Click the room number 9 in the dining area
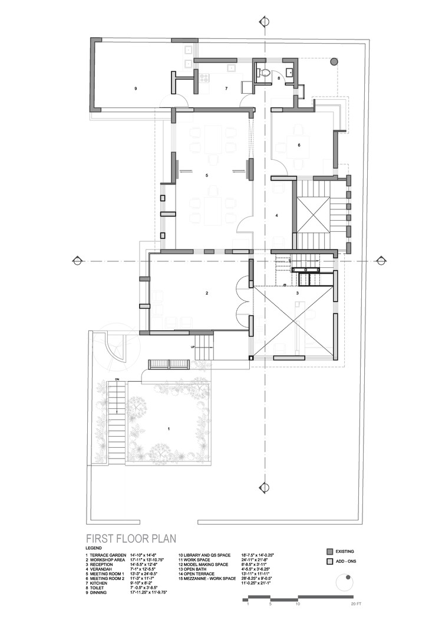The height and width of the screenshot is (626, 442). click(136, 88)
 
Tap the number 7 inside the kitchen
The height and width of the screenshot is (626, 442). click(226, 88)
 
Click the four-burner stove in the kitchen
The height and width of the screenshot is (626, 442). click(204, 77)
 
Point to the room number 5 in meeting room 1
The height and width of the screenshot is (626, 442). click(207, 175)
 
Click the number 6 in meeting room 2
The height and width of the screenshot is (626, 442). click(299, 145)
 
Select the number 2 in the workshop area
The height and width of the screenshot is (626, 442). click(206, 293)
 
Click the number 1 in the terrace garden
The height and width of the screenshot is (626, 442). click(169, 429)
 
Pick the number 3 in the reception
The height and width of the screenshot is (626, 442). click(298, 293)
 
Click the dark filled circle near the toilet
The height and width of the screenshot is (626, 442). click(334, 61)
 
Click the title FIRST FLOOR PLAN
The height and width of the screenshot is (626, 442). click(131, 538)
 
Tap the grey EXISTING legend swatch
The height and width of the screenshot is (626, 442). click(329, 551)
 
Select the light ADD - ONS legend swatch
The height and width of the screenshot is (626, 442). click(329, 562)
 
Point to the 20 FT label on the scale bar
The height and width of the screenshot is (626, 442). click(355, 604)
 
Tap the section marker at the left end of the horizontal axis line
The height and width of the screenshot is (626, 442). click(76, 260)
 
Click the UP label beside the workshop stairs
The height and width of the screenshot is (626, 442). click(192, 347)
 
